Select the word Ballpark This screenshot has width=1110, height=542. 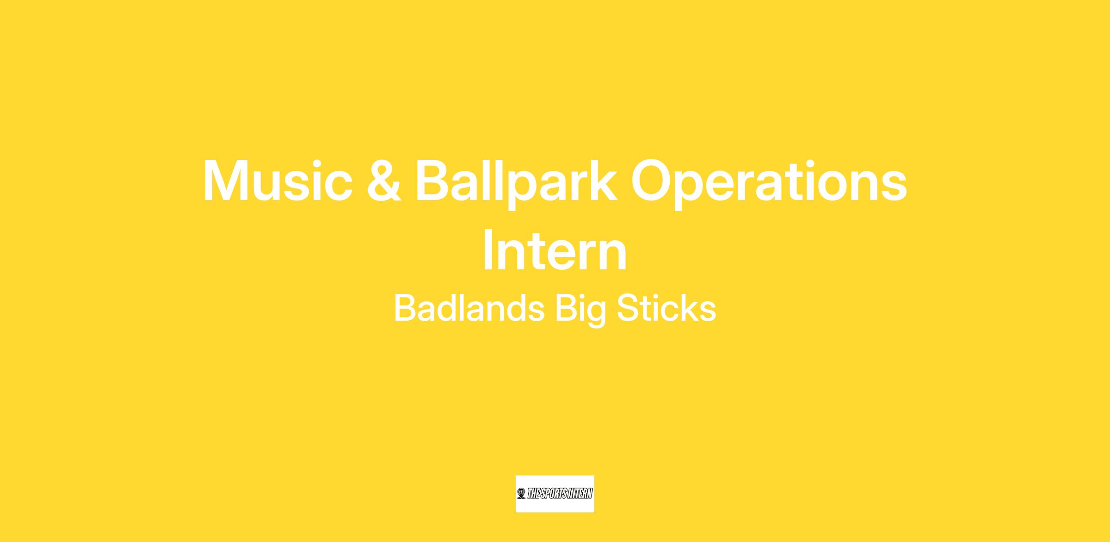point(517,184)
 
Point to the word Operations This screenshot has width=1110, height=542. point(769,184)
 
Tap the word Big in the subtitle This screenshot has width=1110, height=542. point(580,310)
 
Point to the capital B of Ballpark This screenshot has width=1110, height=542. point(433,181)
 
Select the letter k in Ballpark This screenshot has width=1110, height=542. point(603,180)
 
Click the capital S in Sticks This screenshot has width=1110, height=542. point(628,308)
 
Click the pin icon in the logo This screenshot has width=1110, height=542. point(521,493)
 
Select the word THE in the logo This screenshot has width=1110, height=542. point(533,493)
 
